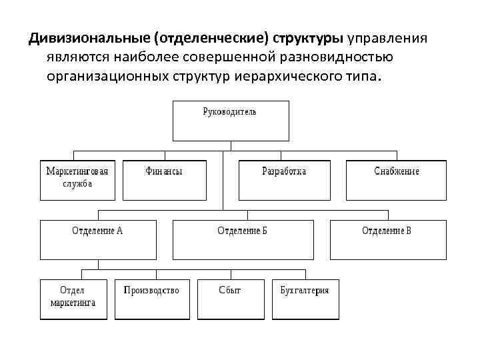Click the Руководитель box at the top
pos(231,119)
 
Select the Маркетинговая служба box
pos(77,179)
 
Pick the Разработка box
pos(284,179)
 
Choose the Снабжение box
pos(396,179)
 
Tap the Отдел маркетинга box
pos(73,299)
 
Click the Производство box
pos(151,299)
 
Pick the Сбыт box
pos(229,299)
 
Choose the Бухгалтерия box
pos(305,299)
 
